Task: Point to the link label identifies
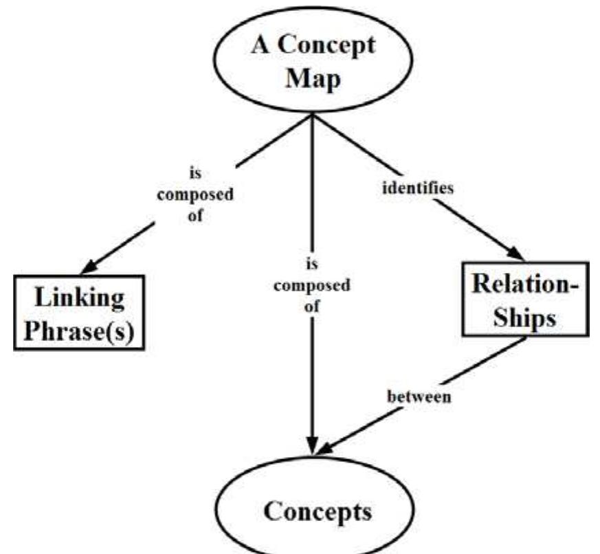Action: pos(418,188)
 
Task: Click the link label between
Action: pos(419,397)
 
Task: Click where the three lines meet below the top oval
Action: pos(313,115)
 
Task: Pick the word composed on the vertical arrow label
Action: pos(311,285)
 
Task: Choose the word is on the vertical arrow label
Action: pos(311,263)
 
